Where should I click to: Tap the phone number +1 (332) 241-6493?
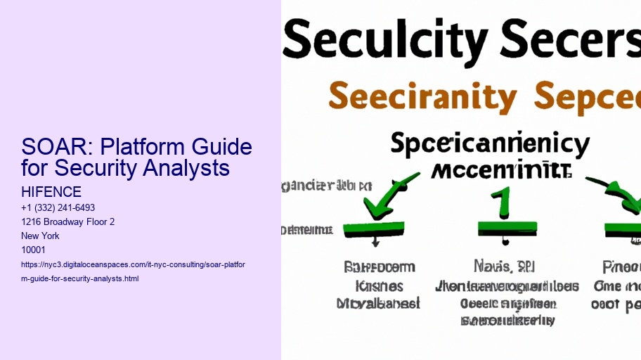58,208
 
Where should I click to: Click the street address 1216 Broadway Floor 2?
68,222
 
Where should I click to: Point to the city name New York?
40,236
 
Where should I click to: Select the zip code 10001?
33,250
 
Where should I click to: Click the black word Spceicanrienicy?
489,145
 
